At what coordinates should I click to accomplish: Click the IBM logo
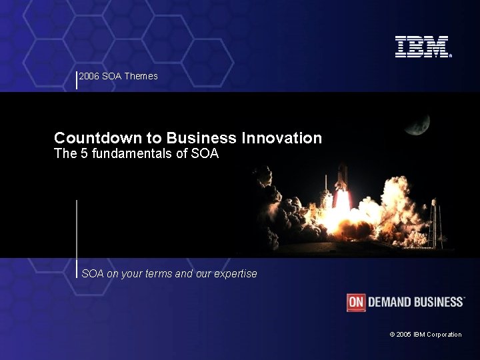coord(423,47)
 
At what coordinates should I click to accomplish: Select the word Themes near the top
coord(141,76)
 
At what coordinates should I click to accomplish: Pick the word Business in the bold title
coord(201,138)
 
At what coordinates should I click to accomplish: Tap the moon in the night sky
coord(419,123)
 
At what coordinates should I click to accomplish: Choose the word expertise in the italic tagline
coord(235,274)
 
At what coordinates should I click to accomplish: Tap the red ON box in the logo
coord(356,302)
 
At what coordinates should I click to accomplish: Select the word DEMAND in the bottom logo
coord(390,302)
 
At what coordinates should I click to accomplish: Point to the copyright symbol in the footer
coord(392,335)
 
